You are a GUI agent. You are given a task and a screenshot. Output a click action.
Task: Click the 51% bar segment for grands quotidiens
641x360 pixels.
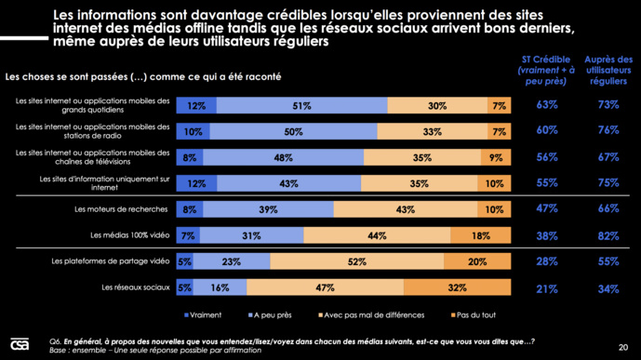coord(300,106)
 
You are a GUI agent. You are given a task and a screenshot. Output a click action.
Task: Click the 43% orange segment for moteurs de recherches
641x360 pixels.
coord(405,210)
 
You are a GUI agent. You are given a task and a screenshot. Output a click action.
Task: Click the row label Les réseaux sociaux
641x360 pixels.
coord(137,287)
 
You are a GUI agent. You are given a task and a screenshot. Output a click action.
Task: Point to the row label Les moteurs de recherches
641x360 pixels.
coord(122,210)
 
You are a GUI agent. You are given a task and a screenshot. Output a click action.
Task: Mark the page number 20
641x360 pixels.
coord(621,340)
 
